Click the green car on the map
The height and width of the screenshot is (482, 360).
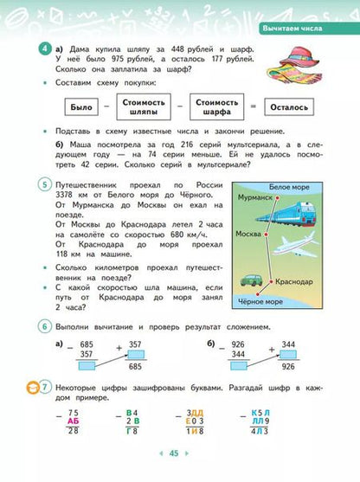click(x=251, y=282)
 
